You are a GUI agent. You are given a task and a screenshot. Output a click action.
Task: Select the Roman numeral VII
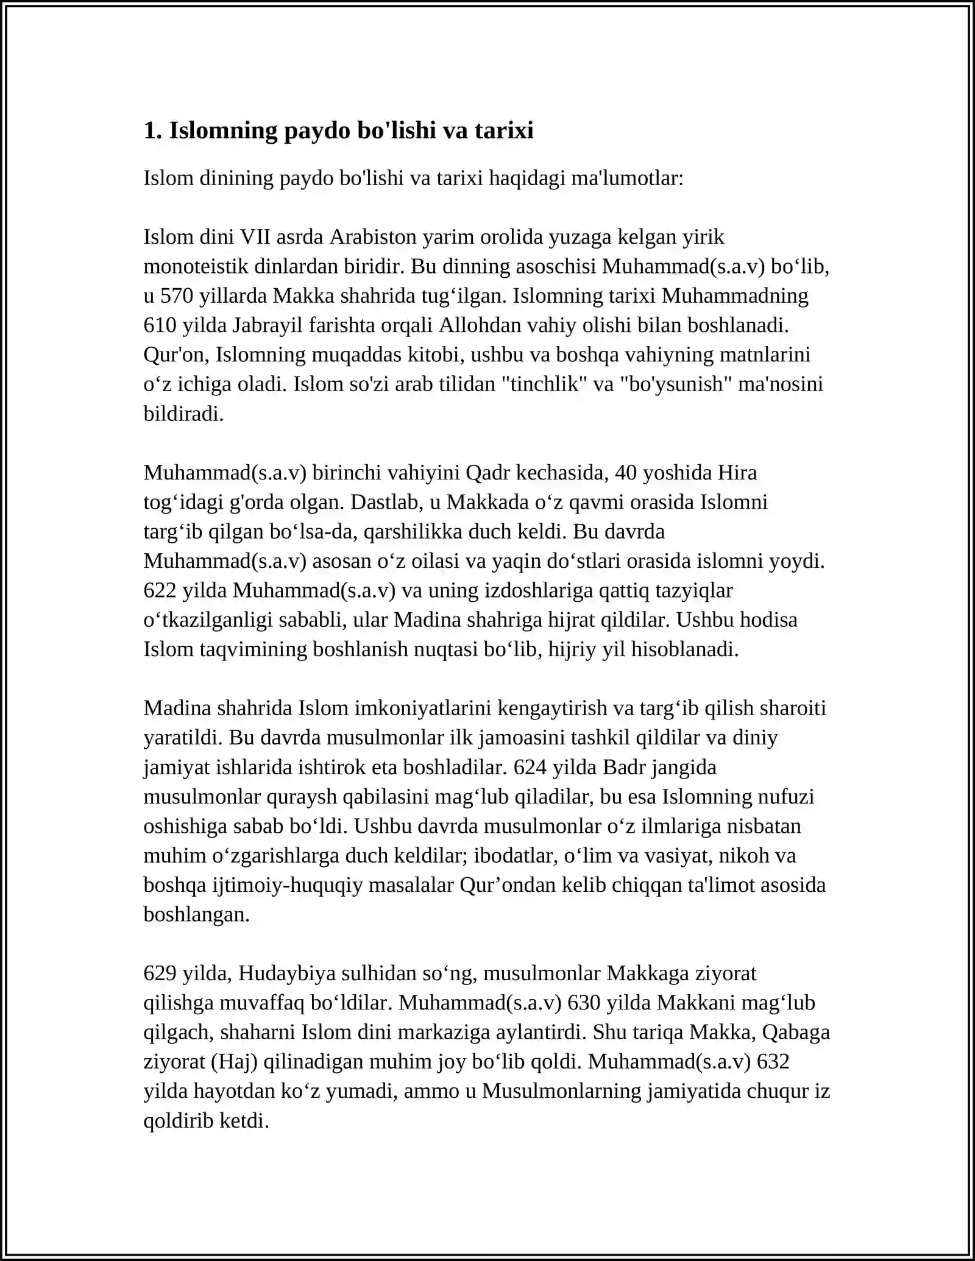click(x=256, y=236)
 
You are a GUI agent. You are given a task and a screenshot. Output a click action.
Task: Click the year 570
click(x=176, y=295)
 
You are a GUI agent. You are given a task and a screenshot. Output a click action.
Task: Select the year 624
click(x=530, y=767)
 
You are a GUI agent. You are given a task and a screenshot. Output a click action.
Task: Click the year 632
click(x=773, y=1062)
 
